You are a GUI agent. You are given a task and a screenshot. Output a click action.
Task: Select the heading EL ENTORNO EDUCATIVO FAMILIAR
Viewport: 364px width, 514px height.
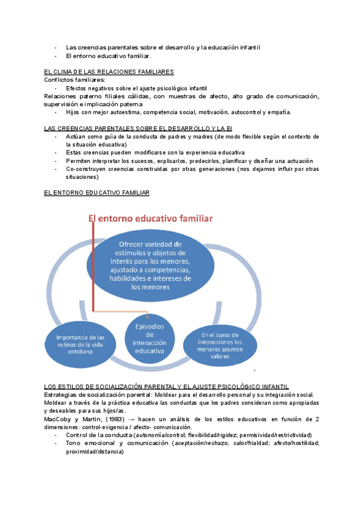point(97,192)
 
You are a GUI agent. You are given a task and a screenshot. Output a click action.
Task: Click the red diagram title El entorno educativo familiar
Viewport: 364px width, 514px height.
point(154,218)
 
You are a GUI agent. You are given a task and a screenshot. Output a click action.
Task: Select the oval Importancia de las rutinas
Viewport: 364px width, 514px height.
point(80,344)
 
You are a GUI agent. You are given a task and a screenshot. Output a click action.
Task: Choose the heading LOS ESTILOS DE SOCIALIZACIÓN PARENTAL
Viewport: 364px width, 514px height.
point(167,387)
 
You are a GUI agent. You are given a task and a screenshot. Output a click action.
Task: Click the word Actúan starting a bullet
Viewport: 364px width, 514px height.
point(76,137)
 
